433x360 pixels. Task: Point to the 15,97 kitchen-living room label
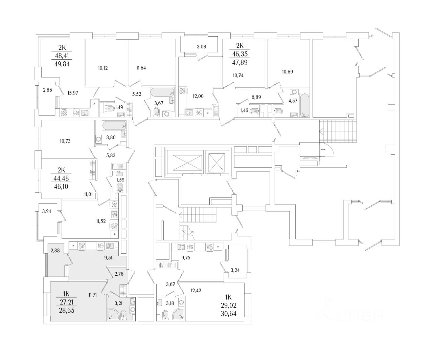pyautogui.click(x=73, y=93)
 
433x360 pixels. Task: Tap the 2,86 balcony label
pyautogui.click(x=47, y=90)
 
